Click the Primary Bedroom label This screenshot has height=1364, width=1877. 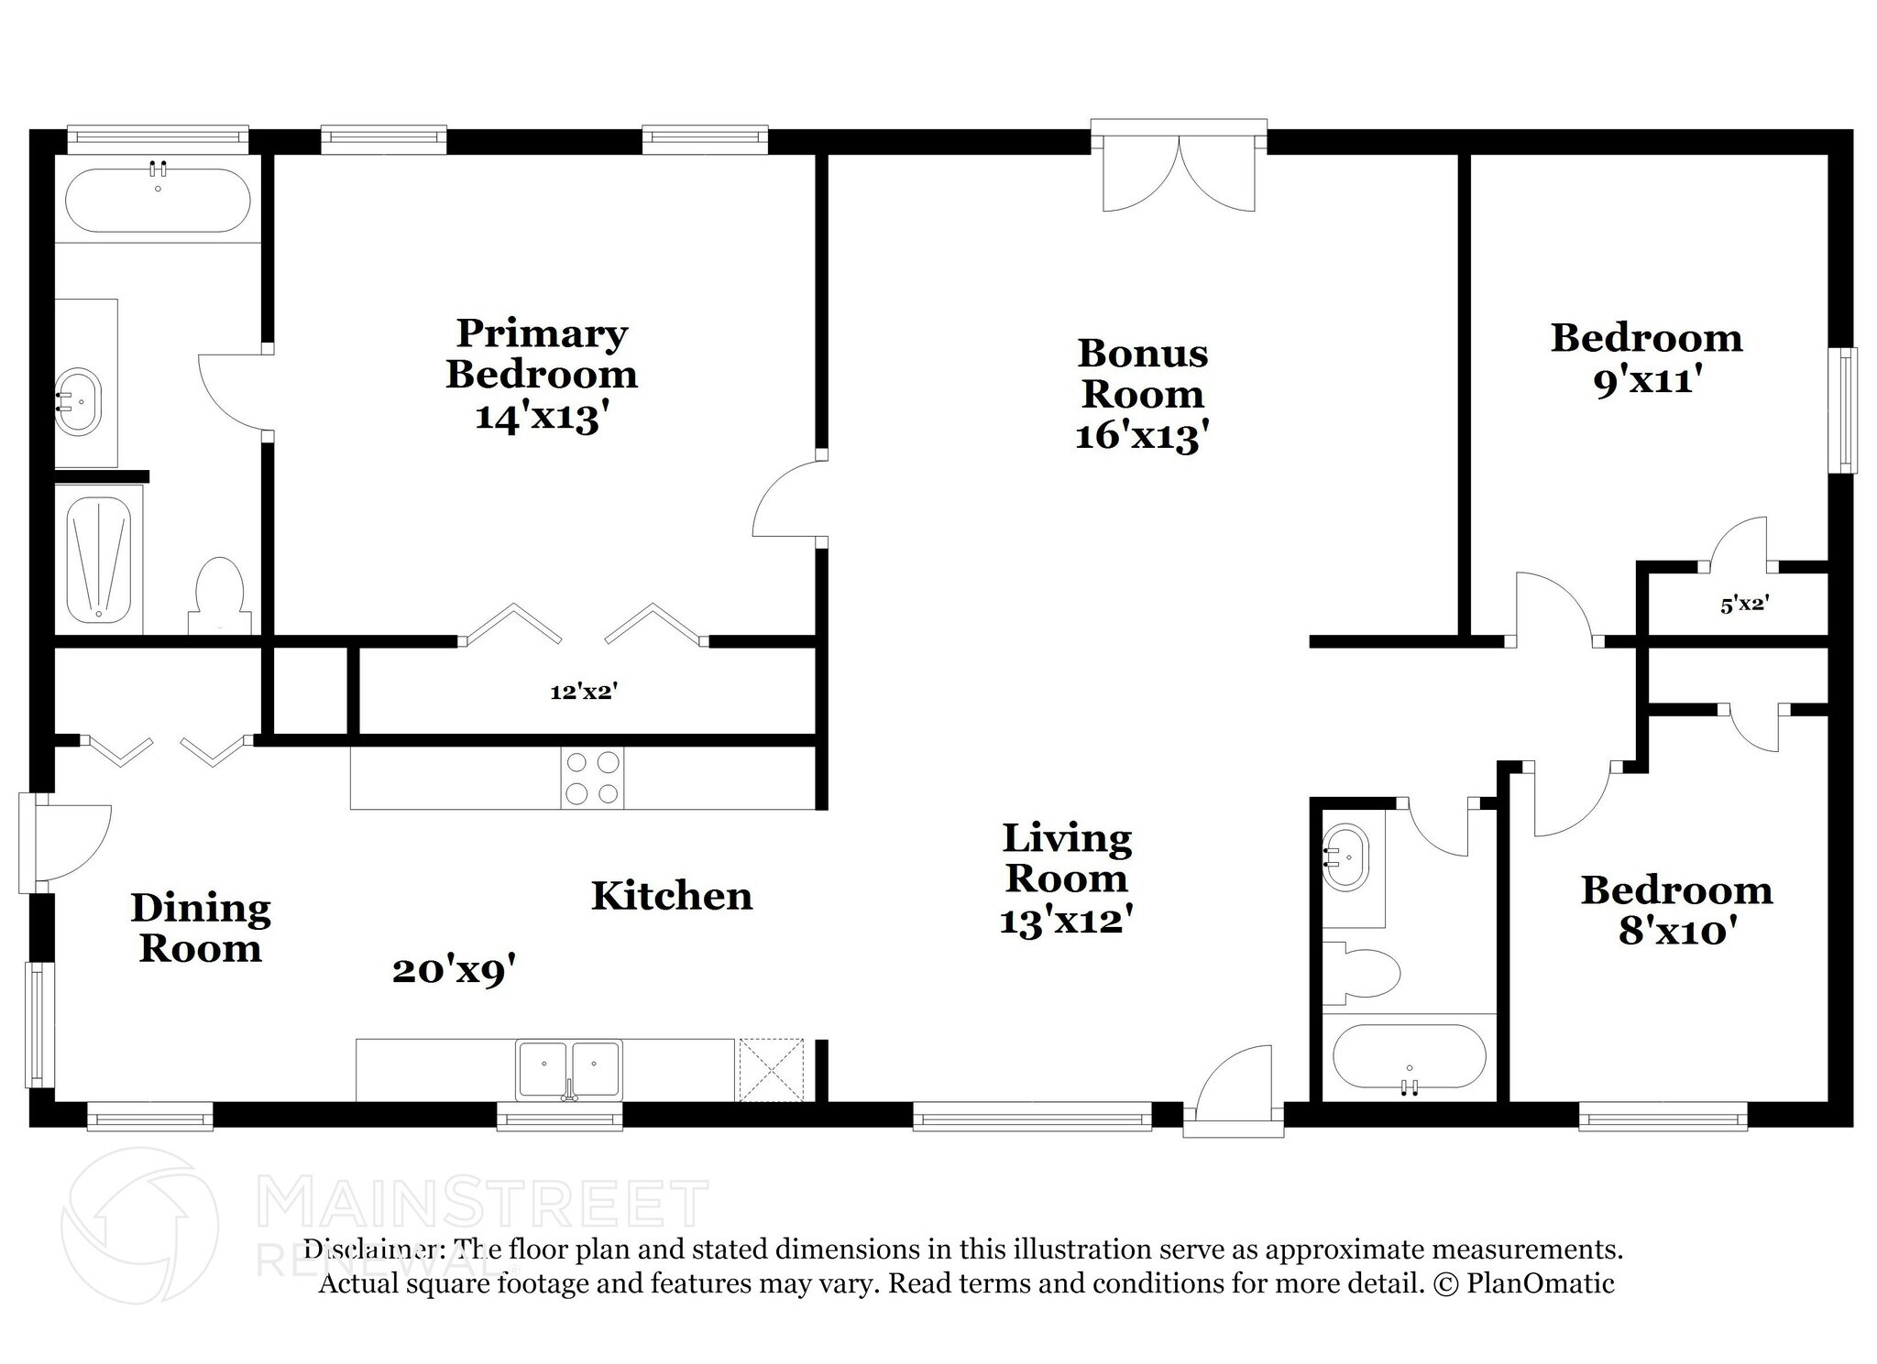click(x=541, y=354)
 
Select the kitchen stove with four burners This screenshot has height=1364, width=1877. click(x=592, y=778)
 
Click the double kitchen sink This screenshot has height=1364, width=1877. click(x=568, y=1067)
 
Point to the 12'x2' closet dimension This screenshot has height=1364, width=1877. click(x=584, y=693)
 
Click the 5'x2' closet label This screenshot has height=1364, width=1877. click(x=1743, y=605)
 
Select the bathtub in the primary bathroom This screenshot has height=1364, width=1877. click(x=158, y=200)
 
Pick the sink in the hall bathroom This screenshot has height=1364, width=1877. click(x=1345, y=857)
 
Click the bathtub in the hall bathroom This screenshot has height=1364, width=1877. click(x=1409, y=1056)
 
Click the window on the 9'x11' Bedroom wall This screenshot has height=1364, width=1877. click(x=1843, y=410)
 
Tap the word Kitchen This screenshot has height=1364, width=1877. click(x=671, y=896)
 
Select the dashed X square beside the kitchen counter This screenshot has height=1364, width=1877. click(x=771, y=1069)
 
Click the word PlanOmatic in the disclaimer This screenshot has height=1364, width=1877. click(x=1540, y=1283)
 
